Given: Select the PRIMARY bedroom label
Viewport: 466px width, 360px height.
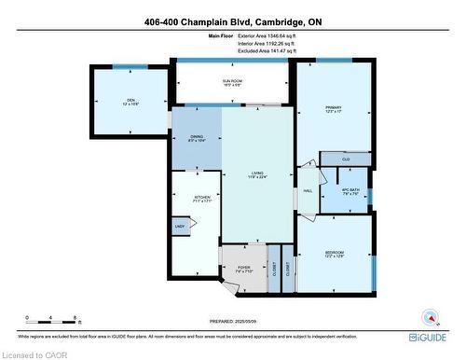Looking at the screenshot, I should pyautogui.click(x=334, y=108).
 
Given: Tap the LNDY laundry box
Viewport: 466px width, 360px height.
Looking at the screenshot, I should pyautogui.click(x=179, y=226).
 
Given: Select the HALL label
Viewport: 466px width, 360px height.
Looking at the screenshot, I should pyautogui.click(x=307, y=191).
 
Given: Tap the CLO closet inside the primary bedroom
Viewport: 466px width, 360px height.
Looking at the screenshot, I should pyautogui.click(x=345, y=159).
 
